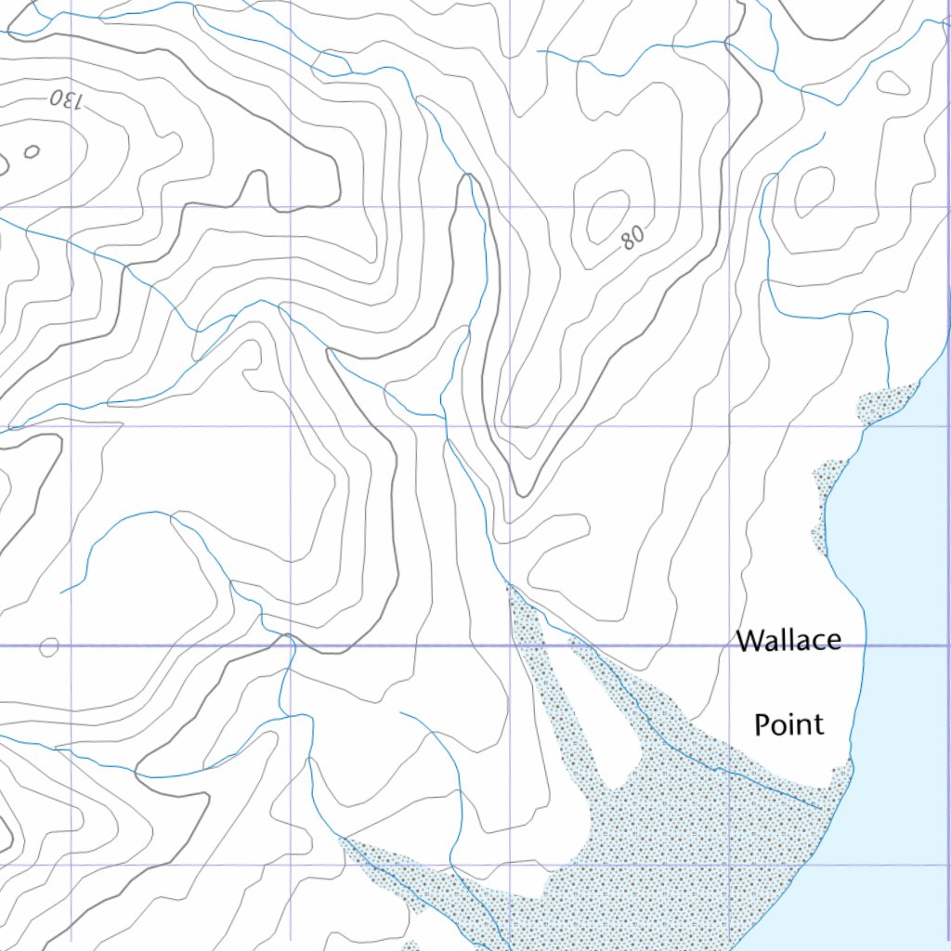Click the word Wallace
(x=788, y=640)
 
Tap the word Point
(x=788, y=723)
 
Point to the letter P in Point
(x=762, y=724)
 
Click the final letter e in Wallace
(x=833, y=641)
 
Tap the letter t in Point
(x=818, y=724)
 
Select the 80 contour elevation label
(x=631, y=240)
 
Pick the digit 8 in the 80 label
(x=627, y=243)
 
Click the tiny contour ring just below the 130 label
(x=32, y=150)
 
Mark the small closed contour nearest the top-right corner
(x=892, y=83)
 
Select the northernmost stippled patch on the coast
(x=885, y=402)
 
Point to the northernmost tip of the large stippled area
(x=509, y=586)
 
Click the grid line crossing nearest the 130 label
(x=72, y=207)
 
